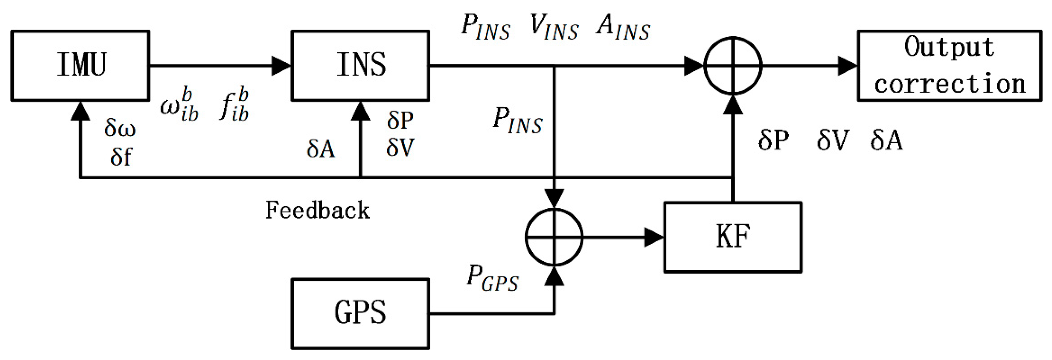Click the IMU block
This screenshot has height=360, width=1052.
coord(80,65)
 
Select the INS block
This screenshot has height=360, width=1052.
coord(360,65)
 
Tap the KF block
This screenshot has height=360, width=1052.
coord(733,237)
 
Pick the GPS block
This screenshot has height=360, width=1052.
coord(360,314)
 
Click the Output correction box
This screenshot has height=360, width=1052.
coord(949,65)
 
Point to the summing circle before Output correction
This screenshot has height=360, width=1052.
coord(733,65)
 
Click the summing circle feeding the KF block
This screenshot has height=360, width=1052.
coord(554,237)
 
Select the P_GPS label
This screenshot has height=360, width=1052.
coord(492,279)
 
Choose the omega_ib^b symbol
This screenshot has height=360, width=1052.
coord(179,105)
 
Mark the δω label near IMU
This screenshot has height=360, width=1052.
coord(119,128)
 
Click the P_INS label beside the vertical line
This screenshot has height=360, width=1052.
coord(517,120)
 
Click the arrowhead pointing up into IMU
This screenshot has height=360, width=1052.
coord(80,111)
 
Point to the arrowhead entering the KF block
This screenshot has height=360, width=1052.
coord(653,237)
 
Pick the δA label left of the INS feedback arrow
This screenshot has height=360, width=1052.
coord(321,149)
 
